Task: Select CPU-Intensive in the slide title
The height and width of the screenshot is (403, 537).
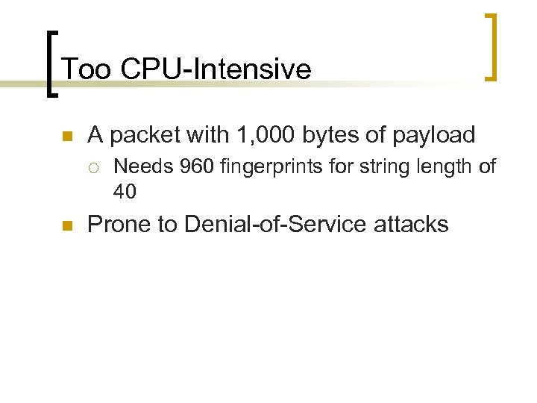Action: coord(216,69)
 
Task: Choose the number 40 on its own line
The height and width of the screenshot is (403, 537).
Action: coord(125,192)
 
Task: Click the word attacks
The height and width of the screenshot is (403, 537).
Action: coord(412,224)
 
